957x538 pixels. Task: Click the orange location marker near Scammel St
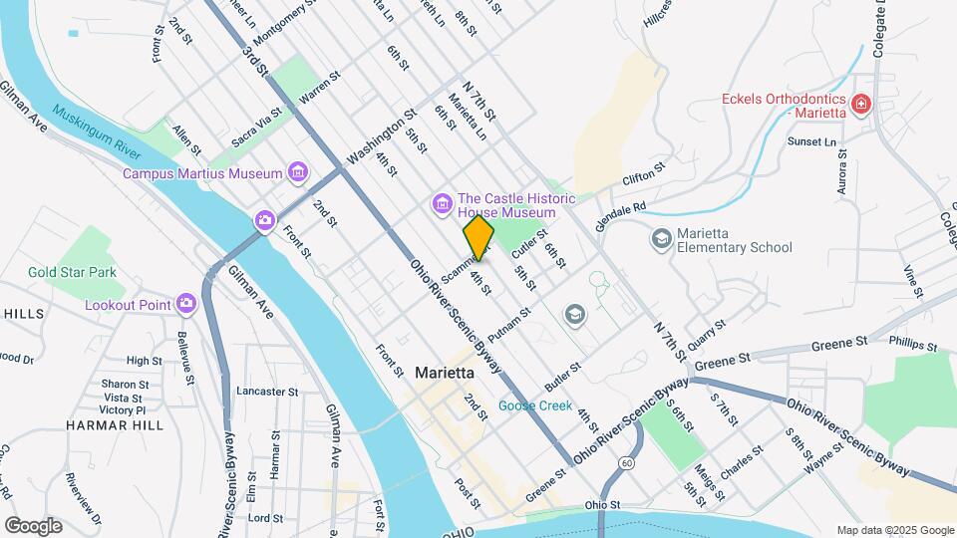pyautogui.click(x=478, y=237)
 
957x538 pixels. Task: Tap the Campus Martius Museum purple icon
pyautogui.click(x=296, y=173)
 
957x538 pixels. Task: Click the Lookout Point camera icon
pyautogui.click(x=186, y=304)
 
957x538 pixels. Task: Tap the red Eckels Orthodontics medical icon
pyautogui.click(x=859, y=103)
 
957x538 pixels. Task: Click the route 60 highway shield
pyautogui.click(x=625, y=462)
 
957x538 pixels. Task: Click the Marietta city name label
pyautogui.click(x=444, y=373)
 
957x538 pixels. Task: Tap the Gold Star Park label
pyautogui.click(x=72, y=272)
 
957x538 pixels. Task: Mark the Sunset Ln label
pyautogui.click(x=811, y=142)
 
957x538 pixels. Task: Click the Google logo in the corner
pyautogui.click(x=33, y=526)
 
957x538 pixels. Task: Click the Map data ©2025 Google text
pyautogui.click(x=893, y=530)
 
